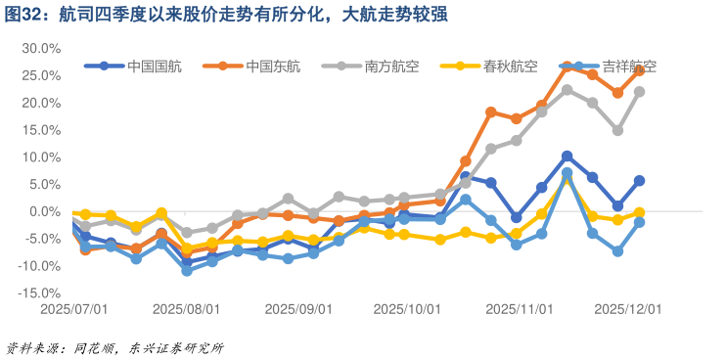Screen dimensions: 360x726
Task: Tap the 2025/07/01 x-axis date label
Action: click(73, 307)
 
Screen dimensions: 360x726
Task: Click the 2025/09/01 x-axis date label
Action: click(299, 307)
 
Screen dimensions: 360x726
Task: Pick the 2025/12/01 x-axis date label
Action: click(628, 307)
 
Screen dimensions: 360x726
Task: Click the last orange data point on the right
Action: click(639, 70)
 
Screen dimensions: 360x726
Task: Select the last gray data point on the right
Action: click(639, 92)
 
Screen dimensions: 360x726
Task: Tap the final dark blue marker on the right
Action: click(639, 181)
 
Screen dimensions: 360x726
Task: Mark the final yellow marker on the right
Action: click(639, 212)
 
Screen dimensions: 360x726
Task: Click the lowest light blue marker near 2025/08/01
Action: click(187, 270)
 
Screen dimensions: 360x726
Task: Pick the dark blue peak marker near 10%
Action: click(567, 157)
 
